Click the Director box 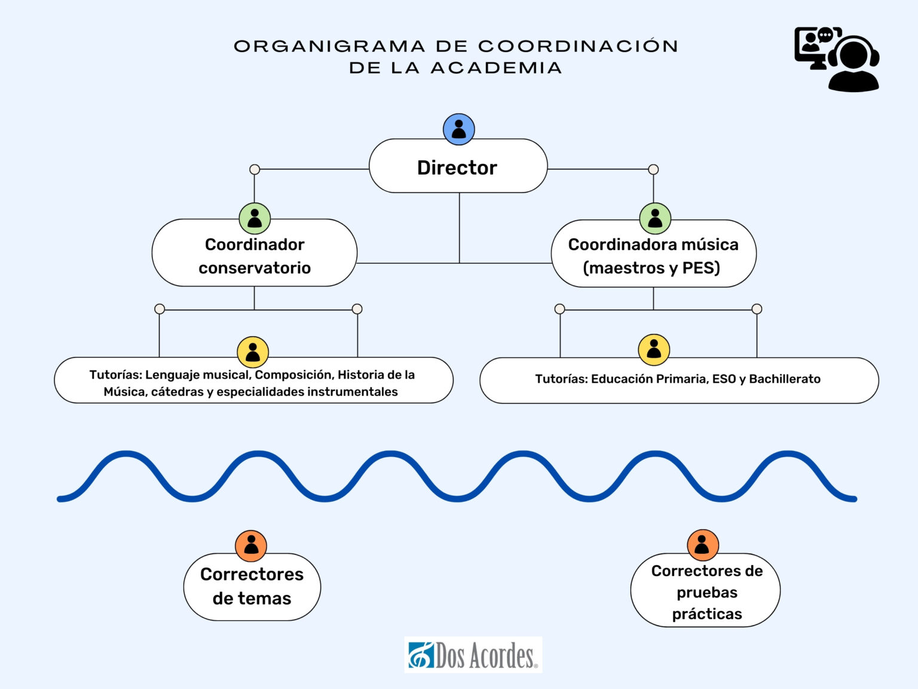458,167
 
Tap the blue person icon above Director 458,129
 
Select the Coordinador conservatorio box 255,255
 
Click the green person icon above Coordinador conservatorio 255,218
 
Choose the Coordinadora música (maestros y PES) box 653,255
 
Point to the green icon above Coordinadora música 655,218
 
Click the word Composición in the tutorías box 293,375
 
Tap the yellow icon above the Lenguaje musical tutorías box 253,352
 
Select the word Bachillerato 785,379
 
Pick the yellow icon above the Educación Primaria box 654,350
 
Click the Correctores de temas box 252,586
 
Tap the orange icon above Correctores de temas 251,545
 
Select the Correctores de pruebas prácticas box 706,592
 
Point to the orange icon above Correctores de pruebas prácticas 702,545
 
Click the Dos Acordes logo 473,655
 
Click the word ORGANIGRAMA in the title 329,47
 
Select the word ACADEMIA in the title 496,68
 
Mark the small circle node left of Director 255,169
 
